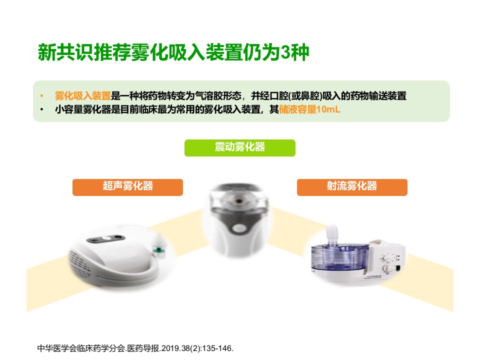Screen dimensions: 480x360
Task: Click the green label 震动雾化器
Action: (239, 148)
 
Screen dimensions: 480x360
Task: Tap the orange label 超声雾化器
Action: (127, 187)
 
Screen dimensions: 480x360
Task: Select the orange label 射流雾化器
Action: (352, 187)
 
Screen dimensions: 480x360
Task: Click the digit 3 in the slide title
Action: (285, 52)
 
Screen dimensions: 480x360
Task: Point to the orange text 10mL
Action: (328, 109)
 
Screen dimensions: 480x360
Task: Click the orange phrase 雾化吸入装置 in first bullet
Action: (82, 96)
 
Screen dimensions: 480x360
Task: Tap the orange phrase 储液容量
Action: (297, 109)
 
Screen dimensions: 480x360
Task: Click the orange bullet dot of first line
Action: (41, 96)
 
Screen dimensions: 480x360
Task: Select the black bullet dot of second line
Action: (41, 109)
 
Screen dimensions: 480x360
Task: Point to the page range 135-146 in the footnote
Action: (217, 348)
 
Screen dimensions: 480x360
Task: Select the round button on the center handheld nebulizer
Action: (239, 228)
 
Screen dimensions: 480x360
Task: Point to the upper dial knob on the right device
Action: (388, 257)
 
